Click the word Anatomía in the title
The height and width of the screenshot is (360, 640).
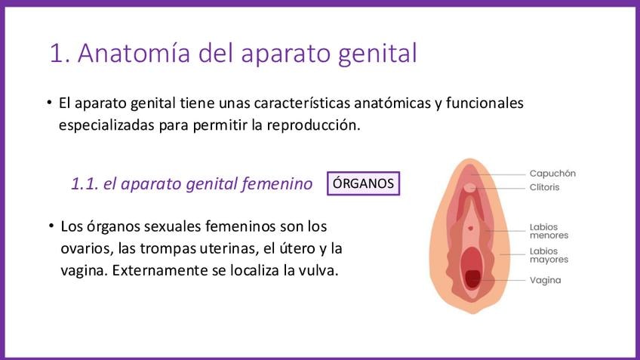134,53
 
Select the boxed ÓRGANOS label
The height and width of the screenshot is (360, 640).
363,183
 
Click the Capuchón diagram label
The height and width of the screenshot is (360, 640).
552,174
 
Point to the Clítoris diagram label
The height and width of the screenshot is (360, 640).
544,187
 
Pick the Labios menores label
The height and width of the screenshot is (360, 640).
549,231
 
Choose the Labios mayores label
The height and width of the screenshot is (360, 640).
549,255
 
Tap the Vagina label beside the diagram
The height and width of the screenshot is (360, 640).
546,281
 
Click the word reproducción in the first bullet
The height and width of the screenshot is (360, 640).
313,125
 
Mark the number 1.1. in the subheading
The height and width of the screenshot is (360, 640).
85,183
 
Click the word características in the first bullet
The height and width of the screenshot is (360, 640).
302,103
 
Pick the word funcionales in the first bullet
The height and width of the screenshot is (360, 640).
485,103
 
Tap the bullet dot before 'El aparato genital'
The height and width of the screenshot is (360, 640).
49,103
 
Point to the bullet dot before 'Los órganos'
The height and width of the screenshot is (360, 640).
51,226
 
